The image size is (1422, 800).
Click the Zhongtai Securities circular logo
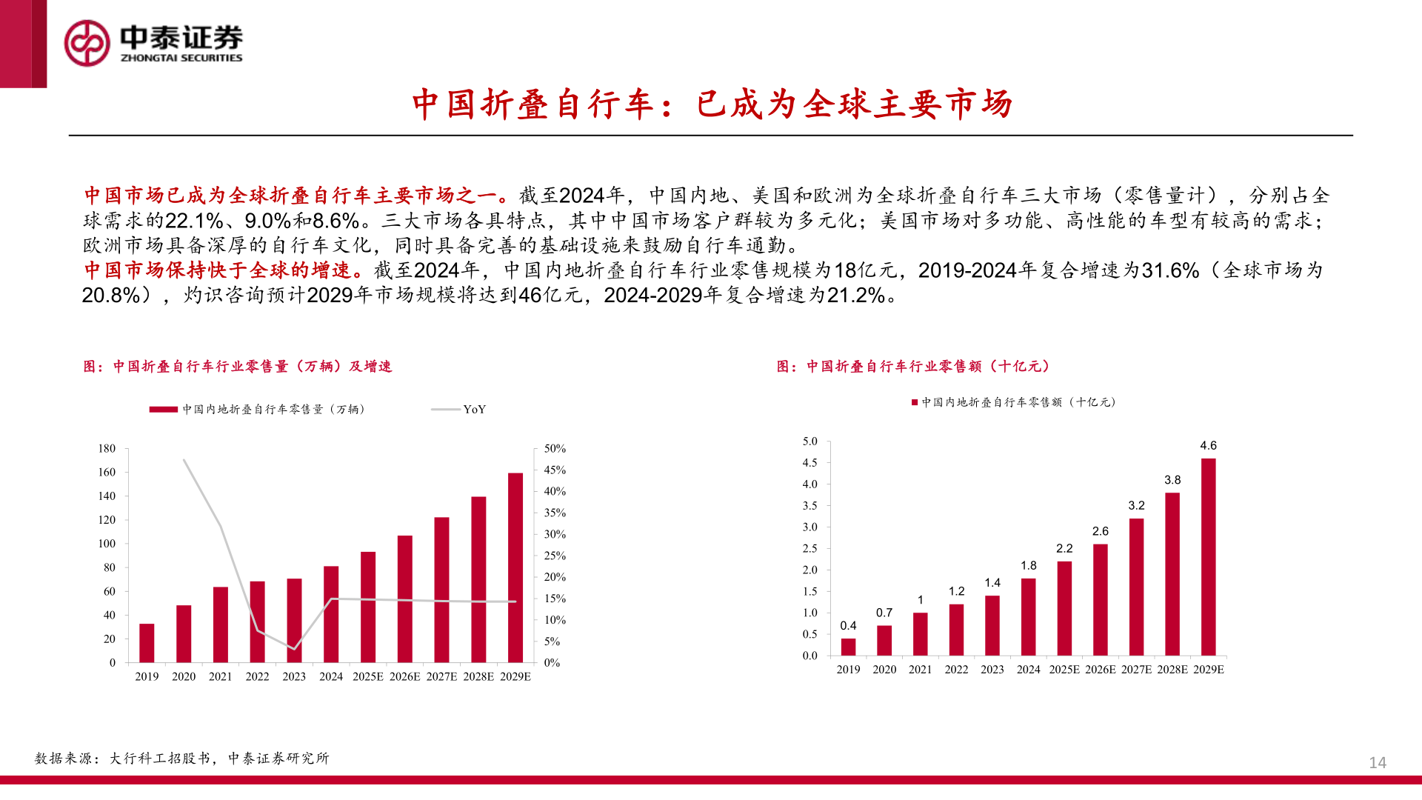pyautogui.click(x=87, y=43)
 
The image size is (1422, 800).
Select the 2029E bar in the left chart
pyautogui.click(x=515, y=567)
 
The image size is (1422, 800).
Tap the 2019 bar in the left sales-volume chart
pyautogui.click(x=147, y=643)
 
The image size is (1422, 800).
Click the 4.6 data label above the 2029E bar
pyautogui.click(x=1208, y=445)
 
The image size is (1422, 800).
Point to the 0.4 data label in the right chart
pyautogui.click(x=848, y=625)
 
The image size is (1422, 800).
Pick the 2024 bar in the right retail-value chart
pyautogui.click(x=1028, y=617)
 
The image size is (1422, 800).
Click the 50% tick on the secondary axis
pyautogui.click(x=554, y=448)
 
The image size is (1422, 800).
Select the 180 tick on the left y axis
pyautogui.click(x=107, y=448)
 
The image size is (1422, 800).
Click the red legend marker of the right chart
pyautogui.click(x=915, y=402)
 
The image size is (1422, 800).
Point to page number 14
pyautogui.click(x=1377, y=762)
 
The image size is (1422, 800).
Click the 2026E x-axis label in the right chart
pyautogui.click(x=1100, y=669)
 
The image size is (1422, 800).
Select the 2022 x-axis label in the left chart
pyautogui.click(x=257, y=676)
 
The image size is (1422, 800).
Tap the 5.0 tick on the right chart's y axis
pyautogui.click(x=810, y=441)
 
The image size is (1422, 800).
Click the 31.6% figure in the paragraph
pyautogui.click(x=1169, y=270)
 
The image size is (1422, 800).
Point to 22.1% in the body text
pyautogui.click(x=194, y=221)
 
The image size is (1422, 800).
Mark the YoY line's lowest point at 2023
pyautogui.click(x=294, y=649)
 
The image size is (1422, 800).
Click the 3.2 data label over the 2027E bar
pyautogui.click(x=1136, y=505)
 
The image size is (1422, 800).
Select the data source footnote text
pyautogui.click(x=181, y=758)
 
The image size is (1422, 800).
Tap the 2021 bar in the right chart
pyautogui.click(x=920, y=634)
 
